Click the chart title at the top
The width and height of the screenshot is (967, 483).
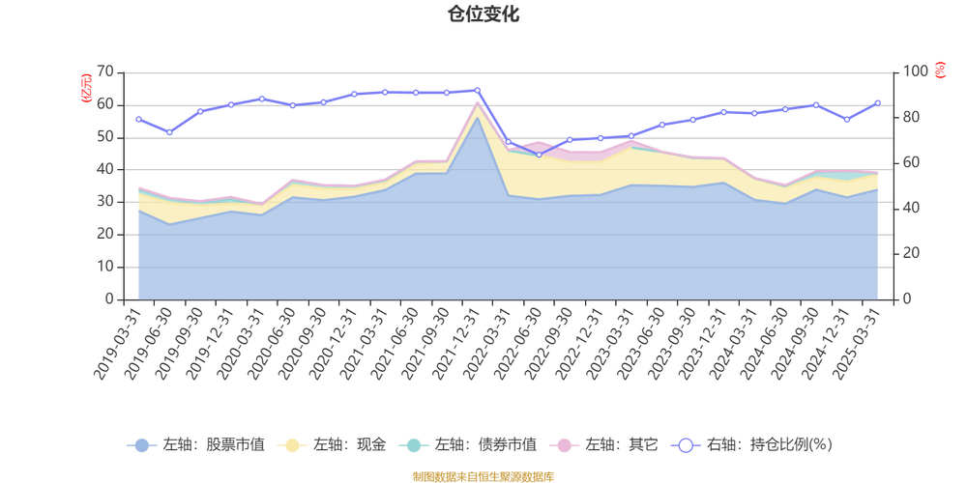[483, 14]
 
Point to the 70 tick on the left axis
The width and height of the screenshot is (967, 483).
[106, 71]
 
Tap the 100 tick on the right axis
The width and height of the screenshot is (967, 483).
[914, 71]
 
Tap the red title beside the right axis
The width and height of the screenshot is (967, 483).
[940, 71]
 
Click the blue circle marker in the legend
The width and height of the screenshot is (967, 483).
[142, 445]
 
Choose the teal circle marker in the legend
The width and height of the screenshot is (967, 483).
[414, 445]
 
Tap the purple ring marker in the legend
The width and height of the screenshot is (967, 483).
[686, 445]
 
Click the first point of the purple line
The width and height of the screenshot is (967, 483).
[138, 119]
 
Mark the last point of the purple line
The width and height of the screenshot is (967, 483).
[878, 101]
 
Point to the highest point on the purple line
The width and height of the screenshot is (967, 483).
[478, 89]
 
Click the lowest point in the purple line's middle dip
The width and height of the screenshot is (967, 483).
[540, 154]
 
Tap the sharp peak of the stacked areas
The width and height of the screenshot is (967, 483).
[477, 102]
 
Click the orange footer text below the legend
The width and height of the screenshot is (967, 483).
[483, 474]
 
